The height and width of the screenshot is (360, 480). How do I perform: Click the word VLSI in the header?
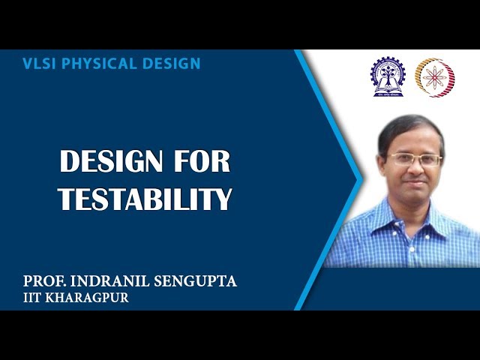pos(38,64)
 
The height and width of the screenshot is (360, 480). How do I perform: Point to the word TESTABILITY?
pos(145,199)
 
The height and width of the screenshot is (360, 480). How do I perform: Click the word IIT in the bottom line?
pos(34,298)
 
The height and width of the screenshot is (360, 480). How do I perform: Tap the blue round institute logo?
pos(387,77)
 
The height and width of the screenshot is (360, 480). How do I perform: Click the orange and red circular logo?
pos(436,77)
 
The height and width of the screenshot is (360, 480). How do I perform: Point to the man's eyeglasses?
pos(414,160)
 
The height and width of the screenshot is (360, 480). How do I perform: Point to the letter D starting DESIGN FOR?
pos(69,163)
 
